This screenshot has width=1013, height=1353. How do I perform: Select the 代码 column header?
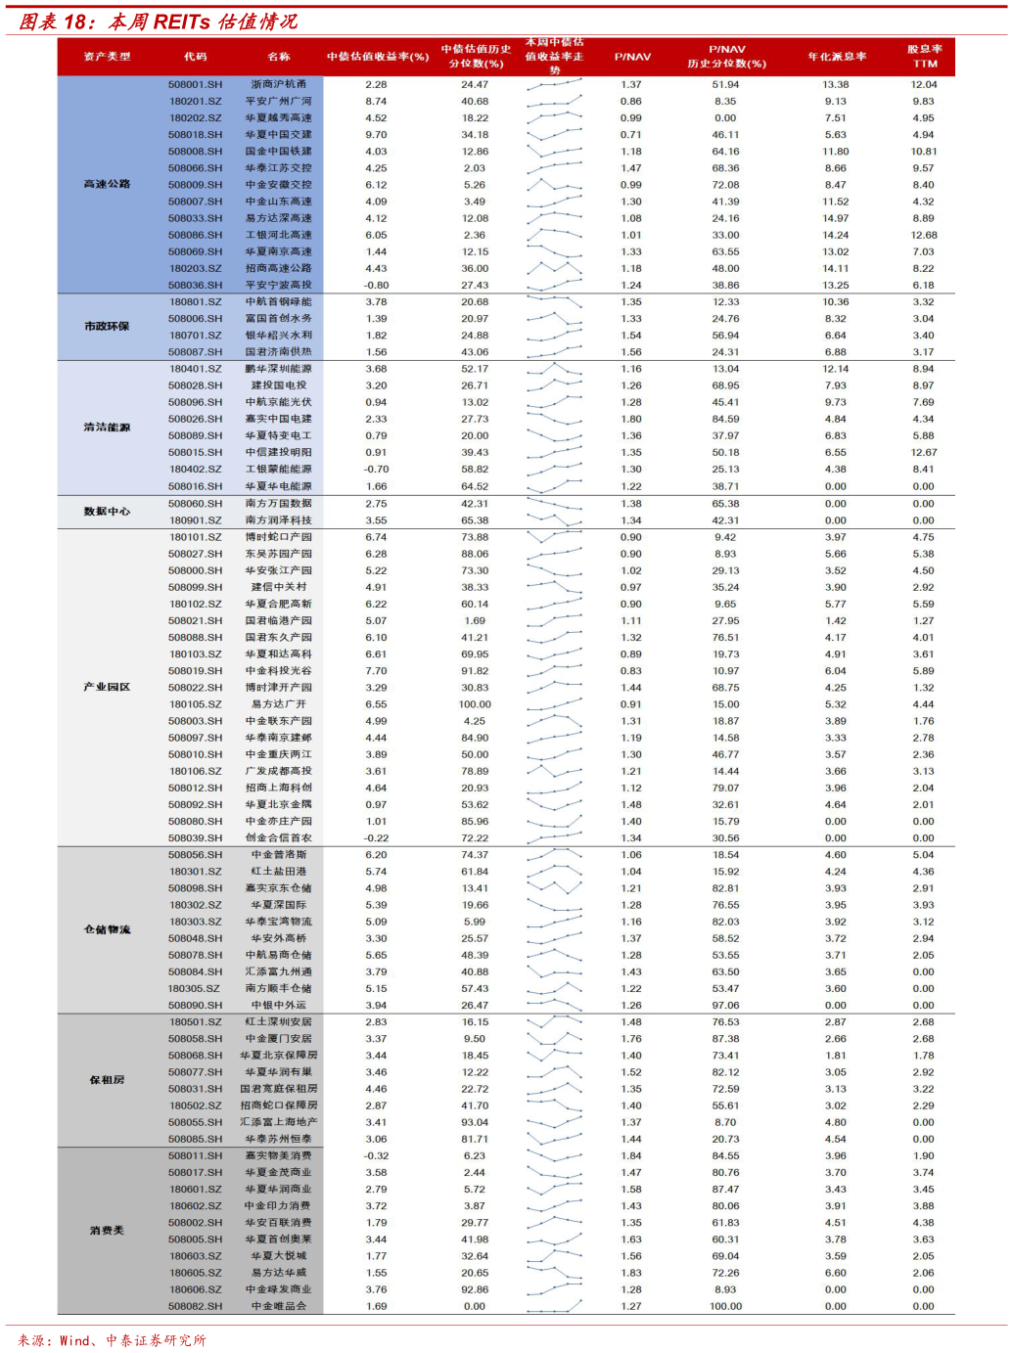(x=196, y=57)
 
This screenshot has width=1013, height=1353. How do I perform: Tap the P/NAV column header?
(x=632, y=57)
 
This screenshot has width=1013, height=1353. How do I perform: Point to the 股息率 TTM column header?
(x=924, y=56)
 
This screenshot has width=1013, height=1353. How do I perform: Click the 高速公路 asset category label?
(x=107, y=184)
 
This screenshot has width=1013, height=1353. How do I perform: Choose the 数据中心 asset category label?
(x=107, y=512)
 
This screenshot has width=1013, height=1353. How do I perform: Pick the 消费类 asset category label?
(x=107, y=1231)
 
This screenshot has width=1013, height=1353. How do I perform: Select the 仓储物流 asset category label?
(x=107, y=929)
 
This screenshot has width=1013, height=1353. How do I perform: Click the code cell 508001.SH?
(x=195, y=85)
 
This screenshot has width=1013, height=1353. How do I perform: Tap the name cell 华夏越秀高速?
(x=278, y=118)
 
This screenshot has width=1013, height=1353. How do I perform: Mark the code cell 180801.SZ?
(x=195, y=302)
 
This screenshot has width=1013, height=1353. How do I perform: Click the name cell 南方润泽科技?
(x=278, y=520)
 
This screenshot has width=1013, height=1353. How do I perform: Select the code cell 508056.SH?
(x=195, y=855)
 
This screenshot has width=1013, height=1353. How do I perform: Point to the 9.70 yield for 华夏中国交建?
(x=376, y=135)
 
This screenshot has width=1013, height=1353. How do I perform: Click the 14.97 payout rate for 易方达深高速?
(x=835, y=219)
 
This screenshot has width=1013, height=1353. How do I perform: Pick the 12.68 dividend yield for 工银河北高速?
(x=923, y=236)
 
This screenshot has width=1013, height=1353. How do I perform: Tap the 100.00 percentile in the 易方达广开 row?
(x=475, y=704)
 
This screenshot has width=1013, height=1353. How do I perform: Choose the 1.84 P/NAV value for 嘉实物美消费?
(x=631, y=1156)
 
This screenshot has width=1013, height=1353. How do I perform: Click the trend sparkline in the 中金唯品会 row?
(x=554, y=1306)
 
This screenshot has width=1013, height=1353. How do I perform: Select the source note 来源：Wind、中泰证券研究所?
(x=112, y=1340)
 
